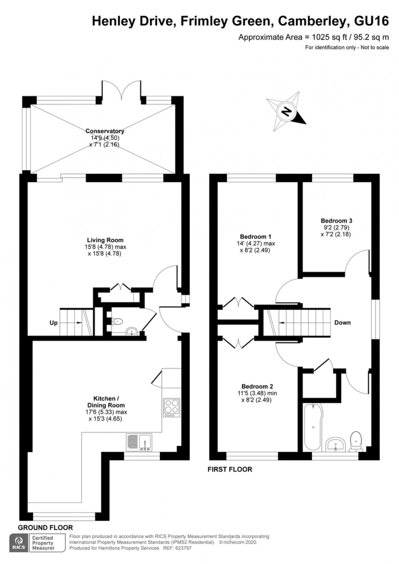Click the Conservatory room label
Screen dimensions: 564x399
[105, 131]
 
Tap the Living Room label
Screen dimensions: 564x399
[105, 240]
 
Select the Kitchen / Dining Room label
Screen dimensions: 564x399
[106, 402]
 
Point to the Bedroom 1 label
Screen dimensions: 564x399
[256, 236]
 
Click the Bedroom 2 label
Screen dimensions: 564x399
[257, 387]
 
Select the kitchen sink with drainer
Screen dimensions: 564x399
[139, 442]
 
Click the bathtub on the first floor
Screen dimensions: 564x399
[312, 427]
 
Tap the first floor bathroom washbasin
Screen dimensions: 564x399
[336, 444]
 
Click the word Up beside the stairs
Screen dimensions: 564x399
[53, 323]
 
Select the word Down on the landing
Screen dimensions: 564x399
[342, 322]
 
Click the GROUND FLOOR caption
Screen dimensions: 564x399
[45, 527]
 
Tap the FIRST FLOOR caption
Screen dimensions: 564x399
[230, 469]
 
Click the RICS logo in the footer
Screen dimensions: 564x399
[19, 543]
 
